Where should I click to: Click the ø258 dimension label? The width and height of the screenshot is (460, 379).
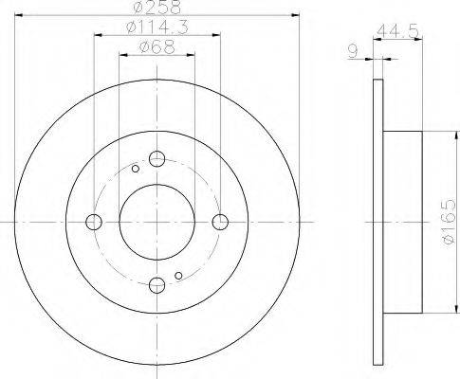pos(156,7)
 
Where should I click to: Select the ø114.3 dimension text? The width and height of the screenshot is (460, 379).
pos(157,27)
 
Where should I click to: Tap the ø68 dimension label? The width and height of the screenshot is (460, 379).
pos(156,47)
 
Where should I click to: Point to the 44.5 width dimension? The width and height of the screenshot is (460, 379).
pos(398,31)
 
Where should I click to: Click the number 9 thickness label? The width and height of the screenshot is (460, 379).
pos(353,51)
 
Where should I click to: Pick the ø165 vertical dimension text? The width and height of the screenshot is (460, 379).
pos(449,222)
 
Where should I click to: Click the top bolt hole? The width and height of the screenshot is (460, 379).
pos(156,158)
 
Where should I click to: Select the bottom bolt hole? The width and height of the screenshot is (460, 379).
pos(156,285)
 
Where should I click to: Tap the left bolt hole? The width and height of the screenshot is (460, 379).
pos(94,222)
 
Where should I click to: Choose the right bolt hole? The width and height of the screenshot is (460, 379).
pos(220,222)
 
